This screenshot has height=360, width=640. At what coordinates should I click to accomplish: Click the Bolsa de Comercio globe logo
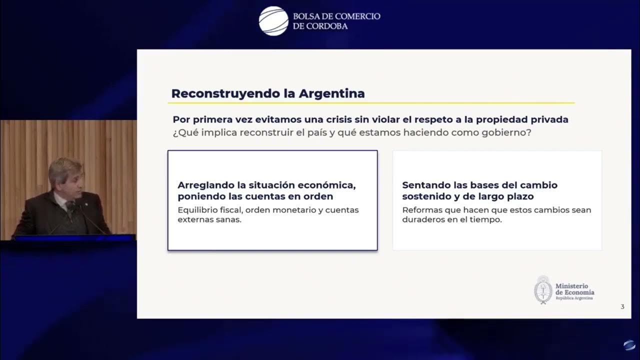pos(273,21)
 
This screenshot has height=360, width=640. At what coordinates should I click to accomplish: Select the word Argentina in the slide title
pos(331,93)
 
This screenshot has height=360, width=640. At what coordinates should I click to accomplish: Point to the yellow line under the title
pos(371,103)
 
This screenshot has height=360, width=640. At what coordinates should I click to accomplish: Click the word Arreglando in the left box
pos(206,185)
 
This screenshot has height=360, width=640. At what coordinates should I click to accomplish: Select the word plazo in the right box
pos(519,196)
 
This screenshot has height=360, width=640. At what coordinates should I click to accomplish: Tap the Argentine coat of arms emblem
pos(543,289)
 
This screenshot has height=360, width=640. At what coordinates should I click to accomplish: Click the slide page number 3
pos(622,307)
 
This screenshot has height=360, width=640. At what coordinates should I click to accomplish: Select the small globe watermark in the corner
pos(629,345)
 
